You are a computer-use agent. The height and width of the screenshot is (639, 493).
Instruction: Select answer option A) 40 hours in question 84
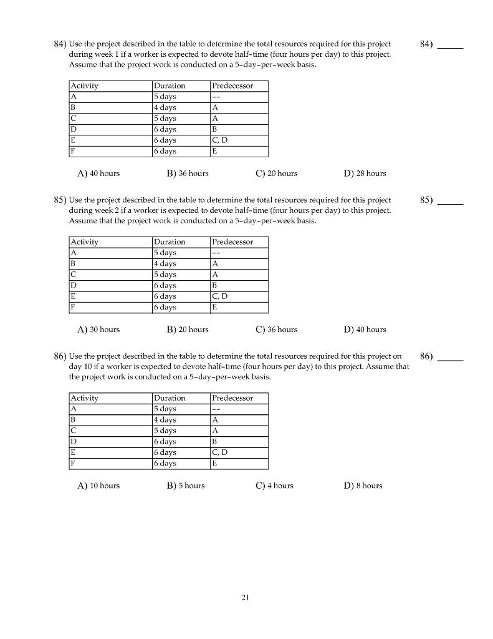98,173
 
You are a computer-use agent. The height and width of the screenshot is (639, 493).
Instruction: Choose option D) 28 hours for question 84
365,173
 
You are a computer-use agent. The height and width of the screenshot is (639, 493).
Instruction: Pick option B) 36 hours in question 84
188,173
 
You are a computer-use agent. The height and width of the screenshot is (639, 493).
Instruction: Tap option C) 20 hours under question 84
276,173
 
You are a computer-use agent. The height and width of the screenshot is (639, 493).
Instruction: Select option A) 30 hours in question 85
98,329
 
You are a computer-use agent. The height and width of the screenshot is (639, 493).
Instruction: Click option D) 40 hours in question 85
365,329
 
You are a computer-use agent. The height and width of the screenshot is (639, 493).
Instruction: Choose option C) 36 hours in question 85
276,329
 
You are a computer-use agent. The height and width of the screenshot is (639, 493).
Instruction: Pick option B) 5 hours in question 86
186,485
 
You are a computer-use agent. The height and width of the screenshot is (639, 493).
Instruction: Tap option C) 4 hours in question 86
274,485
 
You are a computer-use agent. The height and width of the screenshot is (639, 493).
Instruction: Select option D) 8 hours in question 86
363,485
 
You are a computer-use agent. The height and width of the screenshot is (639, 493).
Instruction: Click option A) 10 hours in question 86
98,485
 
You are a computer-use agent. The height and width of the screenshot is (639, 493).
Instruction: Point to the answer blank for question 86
451,358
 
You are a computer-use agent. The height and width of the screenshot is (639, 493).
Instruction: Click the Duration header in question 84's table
170,86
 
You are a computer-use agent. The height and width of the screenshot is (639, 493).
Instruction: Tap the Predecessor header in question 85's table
232,242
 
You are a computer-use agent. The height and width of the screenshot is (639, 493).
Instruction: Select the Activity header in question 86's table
85,398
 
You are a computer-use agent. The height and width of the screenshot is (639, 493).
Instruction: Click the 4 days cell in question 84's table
165,108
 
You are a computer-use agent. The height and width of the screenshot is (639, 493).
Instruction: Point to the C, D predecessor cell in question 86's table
220,452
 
